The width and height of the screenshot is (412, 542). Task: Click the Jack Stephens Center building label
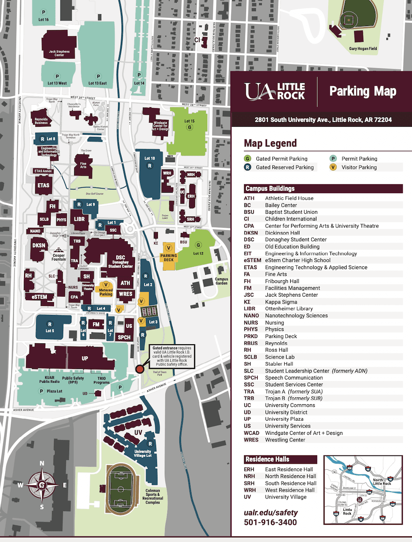pos(59,54)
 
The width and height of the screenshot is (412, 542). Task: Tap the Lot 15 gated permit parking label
pos(189,121)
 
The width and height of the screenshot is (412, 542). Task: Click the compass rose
pos(42,485)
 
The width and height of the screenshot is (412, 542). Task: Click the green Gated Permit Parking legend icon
pos(248,159)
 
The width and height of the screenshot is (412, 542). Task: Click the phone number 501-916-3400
pos(270,522)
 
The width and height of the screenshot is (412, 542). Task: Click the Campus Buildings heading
pos(270,189)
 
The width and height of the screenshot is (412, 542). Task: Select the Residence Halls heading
pos(268,459)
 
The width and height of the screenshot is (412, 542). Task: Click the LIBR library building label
pos(79,220)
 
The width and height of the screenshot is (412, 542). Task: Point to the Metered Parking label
pos(106,292)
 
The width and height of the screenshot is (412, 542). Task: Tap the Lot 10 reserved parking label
pos(150,158)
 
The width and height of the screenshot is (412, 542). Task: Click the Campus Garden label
pos(221,281)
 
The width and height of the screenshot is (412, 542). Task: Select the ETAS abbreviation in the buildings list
pos(251,267)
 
